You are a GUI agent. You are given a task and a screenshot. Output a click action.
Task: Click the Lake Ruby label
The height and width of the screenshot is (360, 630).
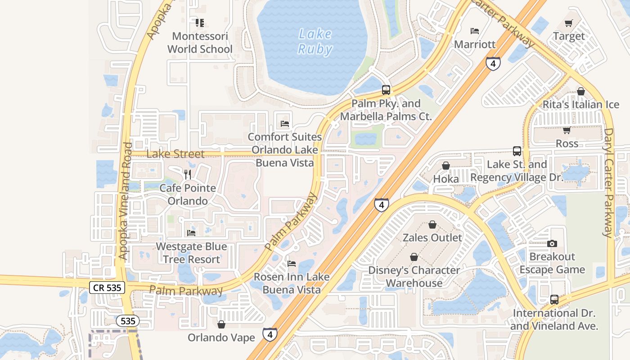click(x=315, y=41)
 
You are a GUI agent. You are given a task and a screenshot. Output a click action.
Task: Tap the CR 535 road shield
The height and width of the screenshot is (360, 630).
click(x=107, y=288)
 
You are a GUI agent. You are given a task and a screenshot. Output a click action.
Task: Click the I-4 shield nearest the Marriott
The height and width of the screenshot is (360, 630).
click(x=493, y=63)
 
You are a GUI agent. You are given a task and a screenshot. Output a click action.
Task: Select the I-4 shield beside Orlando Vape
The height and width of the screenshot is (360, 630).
click(x=270, y=334)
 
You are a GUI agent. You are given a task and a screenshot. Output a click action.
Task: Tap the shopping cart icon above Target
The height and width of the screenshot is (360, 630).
click(x=569, y=23)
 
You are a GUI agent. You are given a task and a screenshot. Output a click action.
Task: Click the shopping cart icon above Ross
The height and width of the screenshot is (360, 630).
click(x=567, y=130)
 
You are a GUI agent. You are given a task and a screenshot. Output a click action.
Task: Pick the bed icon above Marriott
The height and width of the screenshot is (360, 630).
click(x=474, y=31)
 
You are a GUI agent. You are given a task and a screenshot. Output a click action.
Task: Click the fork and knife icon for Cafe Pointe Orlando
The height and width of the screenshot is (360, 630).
click(x=188, y=175)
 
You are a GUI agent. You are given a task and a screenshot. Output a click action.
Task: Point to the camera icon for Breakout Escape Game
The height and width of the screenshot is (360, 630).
click(x=552, y=243)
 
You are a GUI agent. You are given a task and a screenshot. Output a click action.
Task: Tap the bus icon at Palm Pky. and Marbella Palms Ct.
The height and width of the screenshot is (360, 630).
click(x=386, y=90)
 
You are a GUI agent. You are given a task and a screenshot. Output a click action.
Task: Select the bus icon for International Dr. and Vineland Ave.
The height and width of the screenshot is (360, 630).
click(x=554, y=300)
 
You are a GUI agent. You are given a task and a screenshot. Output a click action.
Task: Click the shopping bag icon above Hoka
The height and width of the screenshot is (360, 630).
click(x=445, y=166)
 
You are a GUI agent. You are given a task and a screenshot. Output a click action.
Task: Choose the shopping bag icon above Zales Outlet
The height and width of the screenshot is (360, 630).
click(x=432, y=224)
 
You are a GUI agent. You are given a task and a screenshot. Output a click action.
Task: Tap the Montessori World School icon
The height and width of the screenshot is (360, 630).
click(x=200, y=22)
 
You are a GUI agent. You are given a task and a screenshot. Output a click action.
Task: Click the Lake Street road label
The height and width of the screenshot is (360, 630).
click(x=175, y=154)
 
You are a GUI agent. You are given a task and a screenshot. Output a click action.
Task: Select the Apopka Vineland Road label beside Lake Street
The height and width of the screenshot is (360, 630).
click(x=125, y=201)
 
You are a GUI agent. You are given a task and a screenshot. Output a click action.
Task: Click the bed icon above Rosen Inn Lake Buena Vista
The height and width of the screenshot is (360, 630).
click(x=291, y=263)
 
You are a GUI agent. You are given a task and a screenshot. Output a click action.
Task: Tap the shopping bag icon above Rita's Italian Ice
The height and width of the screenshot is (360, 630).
click(x=580, y=91)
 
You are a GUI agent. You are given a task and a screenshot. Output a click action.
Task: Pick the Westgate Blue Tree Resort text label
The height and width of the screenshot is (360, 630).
click(x=191, y=253)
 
